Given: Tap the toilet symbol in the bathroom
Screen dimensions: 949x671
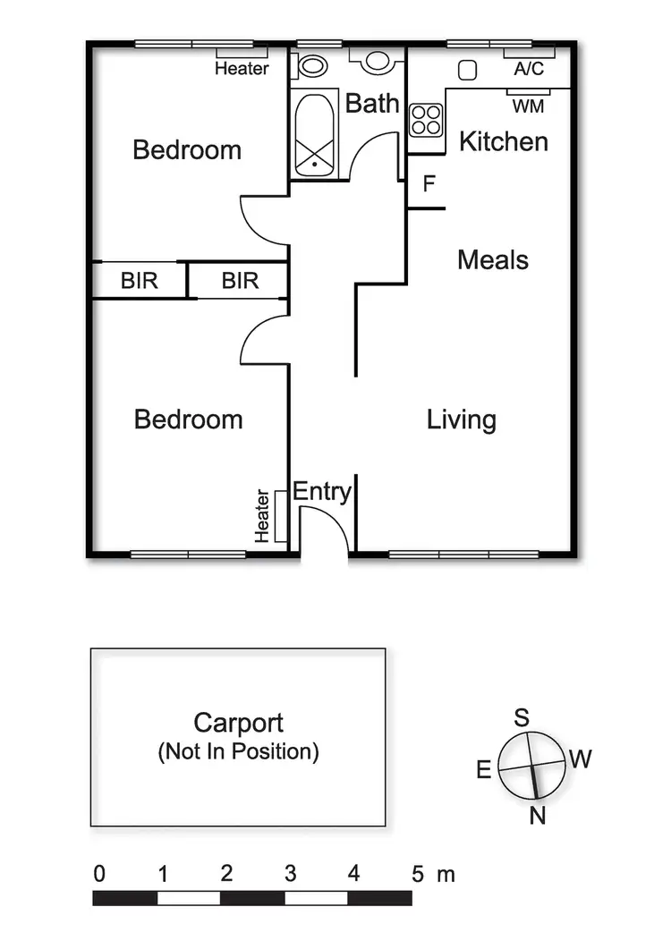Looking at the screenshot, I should pyautogui.click(x=311, y=64).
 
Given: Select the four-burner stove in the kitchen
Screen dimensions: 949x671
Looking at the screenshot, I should pyautogui.click(x=426, y=120).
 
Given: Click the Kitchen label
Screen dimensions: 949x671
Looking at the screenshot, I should pyautogui.click(x=503, y=141).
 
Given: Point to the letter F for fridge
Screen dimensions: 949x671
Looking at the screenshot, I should pyautogui.click(x=429, y=184).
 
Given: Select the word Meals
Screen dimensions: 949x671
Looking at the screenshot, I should pyautogui.click(x=493, y=260).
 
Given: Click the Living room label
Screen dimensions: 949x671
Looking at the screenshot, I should pyautogui.click(x=461, y=419).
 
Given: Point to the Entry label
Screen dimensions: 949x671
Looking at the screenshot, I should pyautogui.click(x=322, y=491).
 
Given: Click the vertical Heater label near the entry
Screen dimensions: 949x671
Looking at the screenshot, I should pyautogui.click(x=263, y=515).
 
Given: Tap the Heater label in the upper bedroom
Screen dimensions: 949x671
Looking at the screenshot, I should pyautogui.click(x=242, y=68).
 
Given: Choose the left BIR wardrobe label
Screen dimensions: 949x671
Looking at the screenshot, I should pyautogui.click(x=139, y=281).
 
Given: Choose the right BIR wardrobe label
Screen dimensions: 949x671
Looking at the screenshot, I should pyautogui.click(x=240, y=281).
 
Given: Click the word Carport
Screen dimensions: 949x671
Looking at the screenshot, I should pyautogui.click(x=238, y=723).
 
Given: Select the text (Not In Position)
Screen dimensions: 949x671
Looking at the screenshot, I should pyautogui.click(x=238, y=751).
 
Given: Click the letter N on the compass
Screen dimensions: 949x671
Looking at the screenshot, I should pyautogui.click(x=537, y=816).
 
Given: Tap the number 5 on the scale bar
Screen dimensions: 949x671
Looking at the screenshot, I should pyautogui.click(x=417, y=874).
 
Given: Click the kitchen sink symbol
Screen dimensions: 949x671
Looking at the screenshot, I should pyautogui.click(x=466, y=71).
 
